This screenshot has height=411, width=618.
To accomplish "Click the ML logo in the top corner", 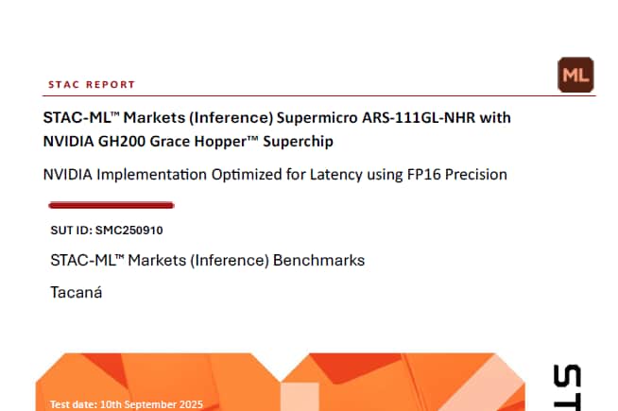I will coord(575,75).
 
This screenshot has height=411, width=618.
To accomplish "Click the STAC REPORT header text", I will coord(92,84).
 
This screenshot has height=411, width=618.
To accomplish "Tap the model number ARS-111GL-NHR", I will coord(420,118).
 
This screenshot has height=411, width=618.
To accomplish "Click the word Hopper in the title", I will coord(223,142).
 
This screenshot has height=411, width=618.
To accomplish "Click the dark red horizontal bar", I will coord(111,204).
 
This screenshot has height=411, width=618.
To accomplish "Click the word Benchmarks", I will coord(318,259).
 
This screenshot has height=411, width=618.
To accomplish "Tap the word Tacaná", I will coord(76,292).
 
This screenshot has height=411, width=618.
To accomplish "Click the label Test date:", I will coord(72,404).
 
